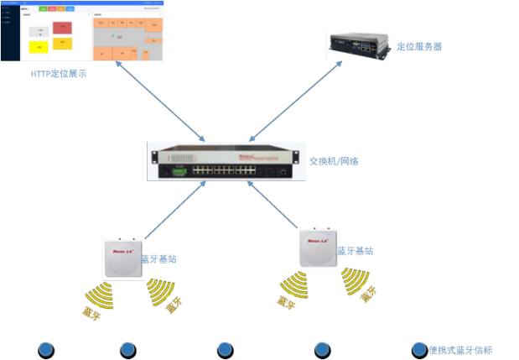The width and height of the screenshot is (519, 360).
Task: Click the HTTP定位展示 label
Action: tap(59, 74)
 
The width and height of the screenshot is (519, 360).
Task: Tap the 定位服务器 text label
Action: tap(419, 46)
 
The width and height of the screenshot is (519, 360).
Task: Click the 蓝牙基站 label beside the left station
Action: tap(158, 259)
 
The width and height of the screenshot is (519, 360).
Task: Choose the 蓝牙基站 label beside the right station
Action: tap(355, 251)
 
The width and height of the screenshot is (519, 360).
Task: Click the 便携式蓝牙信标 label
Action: tap(460, 350)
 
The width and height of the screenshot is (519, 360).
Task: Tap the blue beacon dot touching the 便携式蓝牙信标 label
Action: tap(419, 349)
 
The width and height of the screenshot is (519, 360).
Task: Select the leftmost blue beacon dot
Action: tap(46, 349)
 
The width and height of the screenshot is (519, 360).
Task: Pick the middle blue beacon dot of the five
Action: tap(225, 349)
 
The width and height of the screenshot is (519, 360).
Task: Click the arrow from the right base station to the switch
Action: tap(273, 206)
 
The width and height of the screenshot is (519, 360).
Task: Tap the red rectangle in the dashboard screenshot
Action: tap(62, 28)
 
